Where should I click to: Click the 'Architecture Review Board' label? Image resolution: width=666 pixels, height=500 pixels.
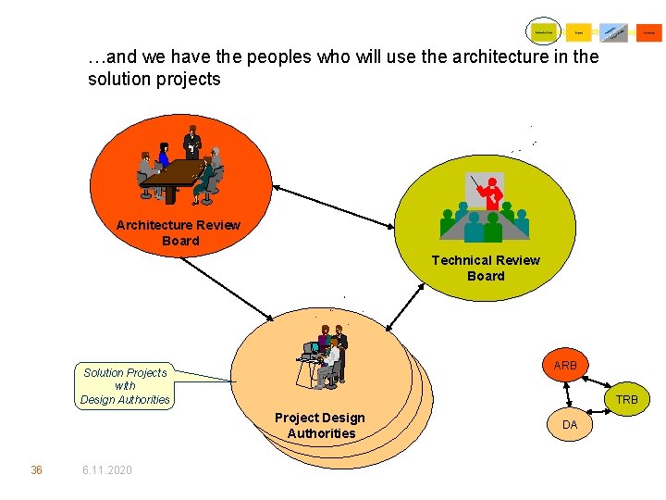(179, 232)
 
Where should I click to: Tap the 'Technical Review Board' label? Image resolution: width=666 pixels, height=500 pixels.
(486, 268)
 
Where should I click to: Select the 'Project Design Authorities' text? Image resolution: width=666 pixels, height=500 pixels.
(320, 425)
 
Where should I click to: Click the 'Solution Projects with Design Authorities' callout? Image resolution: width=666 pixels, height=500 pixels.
(125, 386)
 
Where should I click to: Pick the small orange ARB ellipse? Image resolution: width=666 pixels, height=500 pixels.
(565, 366)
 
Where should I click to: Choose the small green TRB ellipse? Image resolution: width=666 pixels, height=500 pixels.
(626, 399)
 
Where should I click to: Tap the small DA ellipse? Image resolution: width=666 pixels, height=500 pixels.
(570, 424)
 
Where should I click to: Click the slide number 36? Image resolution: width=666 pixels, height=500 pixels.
(36, 470)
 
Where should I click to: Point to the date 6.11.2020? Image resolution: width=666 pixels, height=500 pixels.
(106, 470)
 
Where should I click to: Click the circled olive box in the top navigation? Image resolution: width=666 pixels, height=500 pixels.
(543, 32)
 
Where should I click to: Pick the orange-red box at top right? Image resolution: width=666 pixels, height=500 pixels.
(649, 32)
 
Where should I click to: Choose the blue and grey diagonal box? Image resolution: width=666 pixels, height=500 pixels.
(613, 32)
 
